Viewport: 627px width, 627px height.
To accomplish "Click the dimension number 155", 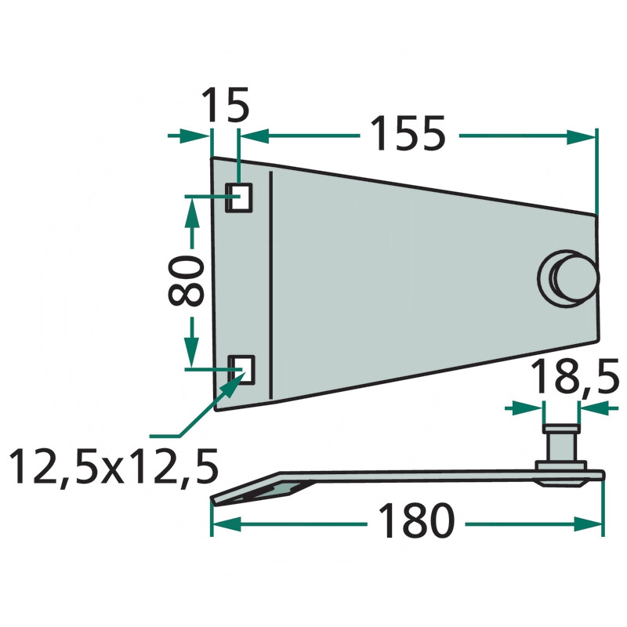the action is tap(408, 133).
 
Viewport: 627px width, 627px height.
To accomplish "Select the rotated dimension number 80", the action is tap(187, 281).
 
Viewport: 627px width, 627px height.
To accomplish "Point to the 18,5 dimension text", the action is tap(575, 376).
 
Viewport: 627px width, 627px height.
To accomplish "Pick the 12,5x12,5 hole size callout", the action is tap(114, 466).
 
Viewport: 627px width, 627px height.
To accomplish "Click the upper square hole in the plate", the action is tap(239, 198).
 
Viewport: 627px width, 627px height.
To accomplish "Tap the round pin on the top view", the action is tap(569, 278).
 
